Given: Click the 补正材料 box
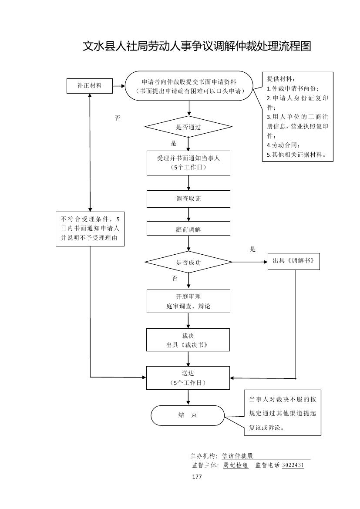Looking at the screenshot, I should [89, 86].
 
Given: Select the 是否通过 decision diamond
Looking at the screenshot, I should [188, 127].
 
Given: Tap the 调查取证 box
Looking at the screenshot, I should [188, 199].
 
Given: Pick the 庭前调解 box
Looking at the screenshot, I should [188, 229].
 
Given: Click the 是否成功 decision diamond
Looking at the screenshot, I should [188, 263].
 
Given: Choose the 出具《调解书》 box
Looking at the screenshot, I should [293, 261].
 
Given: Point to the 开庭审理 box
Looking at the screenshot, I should [188, 301].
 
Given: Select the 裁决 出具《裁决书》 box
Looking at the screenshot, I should [188, 340].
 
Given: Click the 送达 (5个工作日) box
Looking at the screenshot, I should [188, 378].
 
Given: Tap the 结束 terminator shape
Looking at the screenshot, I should [188, 415].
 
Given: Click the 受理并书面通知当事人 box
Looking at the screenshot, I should [188, 163].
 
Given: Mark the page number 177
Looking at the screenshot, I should [197, 477].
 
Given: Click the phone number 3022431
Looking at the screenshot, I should [293, 465].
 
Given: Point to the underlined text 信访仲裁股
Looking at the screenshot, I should [237, 456].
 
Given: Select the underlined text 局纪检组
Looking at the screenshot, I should [236, 465].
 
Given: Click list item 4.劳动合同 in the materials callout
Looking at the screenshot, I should [283, 145].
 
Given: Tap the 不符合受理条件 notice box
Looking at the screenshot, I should [90, 229].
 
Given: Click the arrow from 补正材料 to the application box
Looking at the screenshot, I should [118, 86].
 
